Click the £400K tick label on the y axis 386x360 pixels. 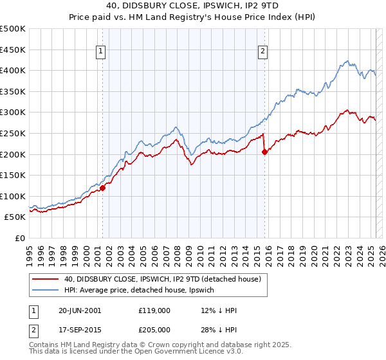(13, 70)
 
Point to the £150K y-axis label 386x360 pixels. (13, 175)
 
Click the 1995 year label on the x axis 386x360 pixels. (30, 251)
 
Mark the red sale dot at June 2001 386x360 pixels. (102, 188)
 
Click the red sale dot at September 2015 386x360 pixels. (264, 152)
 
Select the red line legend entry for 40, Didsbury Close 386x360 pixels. (161, 279)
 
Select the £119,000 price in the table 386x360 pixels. (154, 310)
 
